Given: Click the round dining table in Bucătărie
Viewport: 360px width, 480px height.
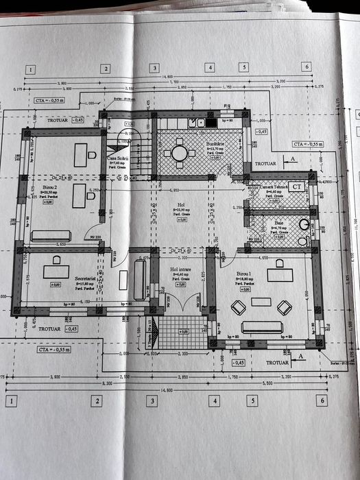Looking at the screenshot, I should coord(180,153).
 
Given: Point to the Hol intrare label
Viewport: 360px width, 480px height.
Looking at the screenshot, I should coord(180,270).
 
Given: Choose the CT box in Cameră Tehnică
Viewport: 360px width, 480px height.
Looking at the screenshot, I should coord(296,186).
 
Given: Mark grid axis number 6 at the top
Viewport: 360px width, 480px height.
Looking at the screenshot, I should coord(307,67).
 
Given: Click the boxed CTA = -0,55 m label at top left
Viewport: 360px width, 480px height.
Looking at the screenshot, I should coord(50,100).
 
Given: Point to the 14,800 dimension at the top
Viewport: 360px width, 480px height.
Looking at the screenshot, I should coord(167,77).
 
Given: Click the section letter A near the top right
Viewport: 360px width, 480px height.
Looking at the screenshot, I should coord(293,158).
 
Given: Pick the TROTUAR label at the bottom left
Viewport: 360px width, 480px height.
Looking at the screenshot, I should coord(49,328).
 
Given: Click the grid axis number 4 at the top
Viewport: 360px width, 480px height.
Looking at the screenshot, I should coord(208,67).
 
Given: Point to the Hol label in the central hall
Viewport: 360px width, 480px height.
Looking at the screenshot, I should coord(181,204).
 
